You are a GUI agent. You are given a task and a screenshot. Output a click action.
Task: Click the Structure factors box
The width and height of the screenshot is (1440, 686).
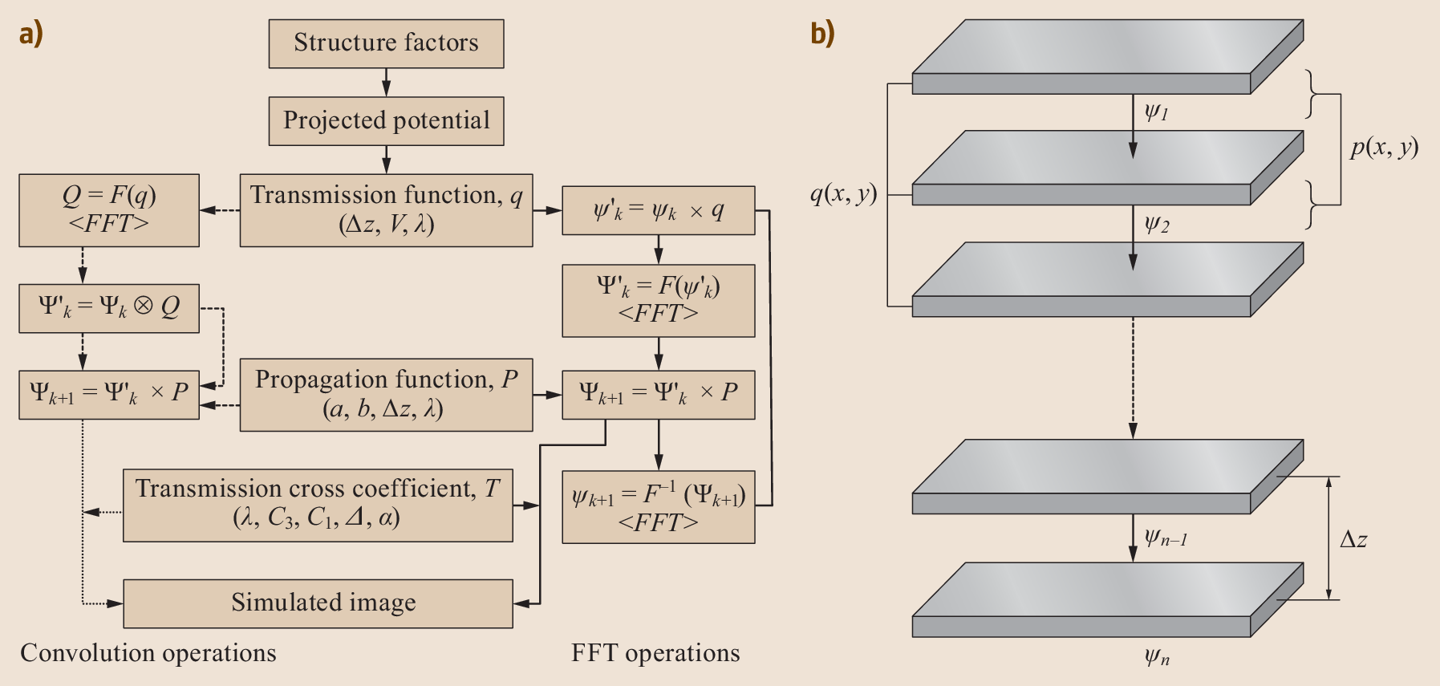[386, 43]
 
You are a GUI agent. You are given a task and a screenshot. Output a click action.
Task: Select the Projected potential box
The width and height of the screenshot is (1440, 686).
[386, 121]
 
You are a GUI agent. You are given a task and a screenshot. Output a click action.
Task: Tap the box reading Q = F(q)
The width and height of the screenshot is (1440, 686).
[109, 209]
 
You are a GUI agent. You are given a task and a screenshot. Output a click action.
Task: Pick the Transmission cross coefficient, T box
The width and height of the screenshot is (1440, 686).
[318, 505]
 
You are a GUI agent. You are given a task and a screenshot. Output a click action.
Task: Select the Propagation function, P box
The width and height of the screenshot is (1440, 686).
[386, 394]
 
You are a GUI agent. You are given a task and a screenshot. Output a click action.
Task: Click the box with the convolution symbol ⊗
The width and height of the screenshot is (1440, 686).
[109, 307]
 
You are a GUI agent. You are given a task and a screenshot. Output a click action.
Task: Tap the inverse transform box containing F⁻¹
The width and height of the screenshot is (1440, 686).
[658, 506]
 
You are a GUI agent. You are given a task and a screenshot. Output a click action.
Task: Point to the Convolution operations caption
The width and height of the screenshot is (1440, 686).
[148, 653]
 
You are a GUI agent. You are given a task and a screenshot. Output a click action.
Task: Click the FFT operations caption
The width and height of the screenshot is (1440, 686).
[655, 653]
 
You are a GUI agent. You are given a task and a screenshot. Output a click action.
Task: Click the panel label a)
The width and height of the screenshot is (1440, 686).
[30, 34]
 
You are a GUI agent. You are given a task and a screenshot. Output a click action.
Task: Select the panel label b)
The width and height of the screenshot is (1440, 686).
[822, 34]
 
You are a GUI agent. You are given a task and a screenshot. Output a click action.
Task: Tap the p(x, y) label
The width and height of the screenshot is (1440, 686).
[1384, 148]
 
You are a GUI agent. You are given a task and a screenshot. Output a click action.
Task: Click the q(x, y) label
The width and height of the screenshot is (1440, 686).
[843, 193]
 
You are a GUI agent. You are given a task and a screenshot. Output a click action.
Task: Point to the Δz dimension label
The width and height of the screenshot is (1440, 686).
[1353, 539]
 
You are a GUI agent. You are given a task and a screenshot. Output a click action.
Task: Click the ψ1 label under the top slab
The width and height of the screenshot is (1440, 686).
[1156, 112]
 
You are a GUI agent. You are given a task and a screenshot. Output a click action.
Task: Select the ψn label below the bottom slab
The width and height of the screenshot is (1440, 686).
[1156, 658]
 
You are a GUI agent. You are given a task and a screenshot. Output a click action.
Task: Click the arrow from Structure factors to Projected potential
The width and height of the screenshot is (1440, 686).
[386, 82]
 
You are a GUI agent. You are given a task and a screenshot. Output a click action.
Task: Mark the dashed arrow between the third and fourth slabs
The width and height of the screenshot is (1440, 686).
[1133, 377]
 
